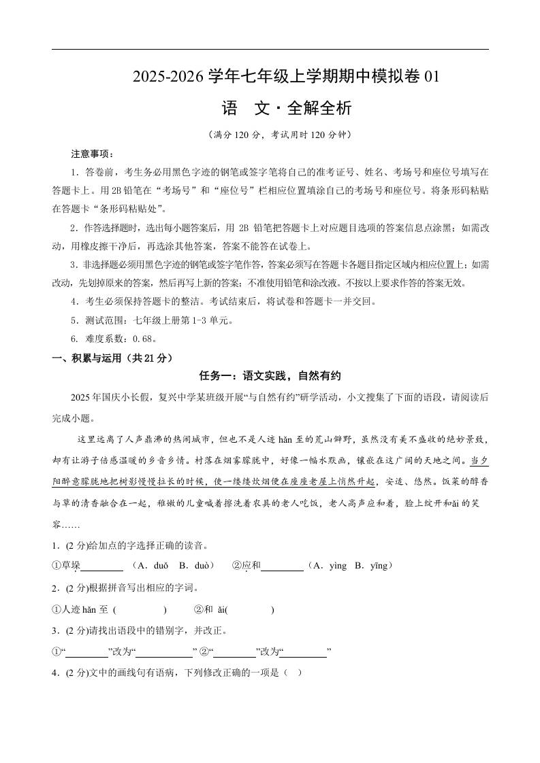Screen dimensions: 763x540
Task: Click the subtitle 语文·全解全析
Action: coord(287,108)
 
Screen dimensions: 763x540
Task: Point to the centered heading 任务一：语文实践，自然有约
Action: coord(270,376)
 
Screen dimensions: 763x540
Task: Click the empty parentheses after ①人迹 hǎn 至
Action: coord(140,610)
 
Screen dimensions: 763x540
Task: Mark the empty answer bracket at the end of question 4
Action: coord(291,674)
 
